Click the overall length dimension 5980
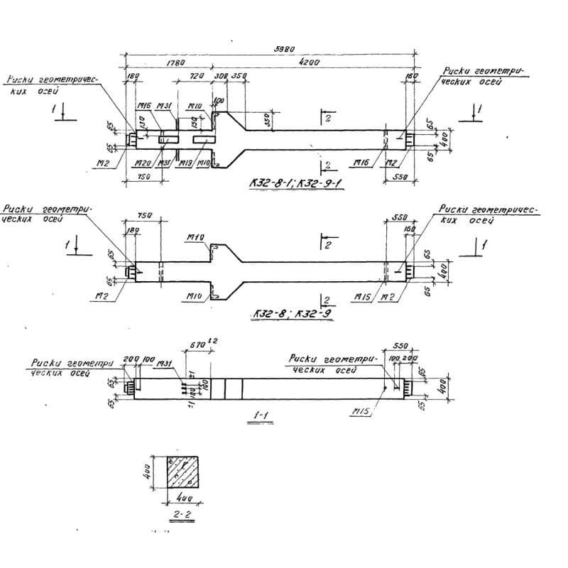tap(285, 49)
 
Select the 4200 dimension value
tap(310, 62)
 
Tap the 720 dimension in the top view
tap(196, 75)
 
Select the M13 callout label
tap(185, 163)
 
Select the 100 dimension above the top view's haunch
tap(219, 101)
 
